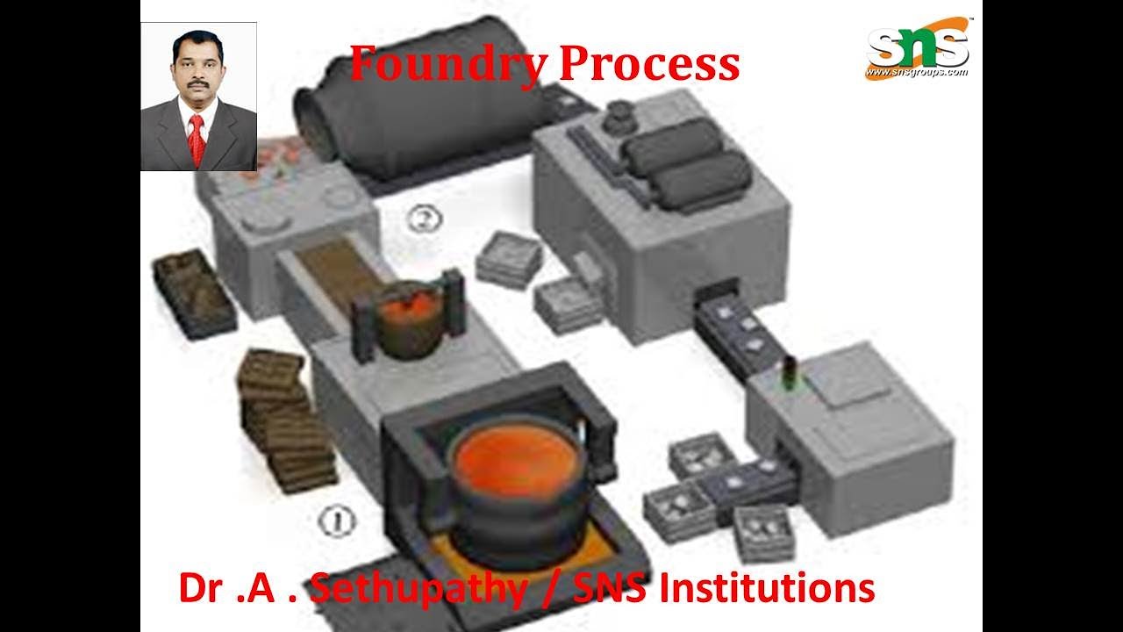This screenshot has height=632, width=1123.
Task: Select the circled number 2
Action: click(x=425, y=219)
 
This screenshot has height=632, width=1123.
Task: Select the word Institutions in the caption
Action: click(x=767, y=588)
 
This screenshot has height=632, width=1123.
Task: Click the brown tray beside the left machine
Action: click(x=194, y=294)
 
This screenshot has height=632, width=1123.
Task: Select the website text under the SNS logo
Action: click(x=917, y=72)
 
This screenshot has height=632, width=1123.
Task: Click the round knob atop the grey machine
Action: click(x=620, y=115)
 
